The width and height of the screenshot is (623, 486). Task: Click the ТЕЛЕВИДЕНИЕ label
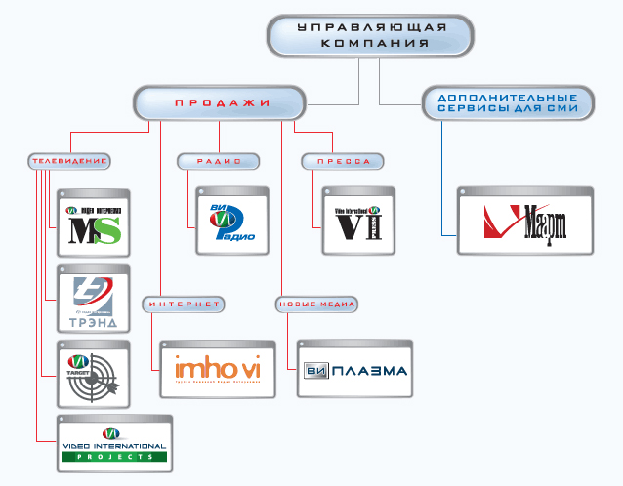click(x=68, y=161)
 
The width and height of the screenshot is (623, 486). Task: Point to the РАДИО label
click(x=218, y=161)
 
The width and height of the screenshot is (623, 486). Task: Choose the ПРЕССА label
click(x=343, y=161)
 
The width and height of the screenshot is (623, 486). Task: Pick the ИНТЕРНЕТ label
click(x=186, y=304)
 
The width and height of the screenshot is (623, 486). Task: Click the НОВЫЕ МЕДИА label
click(x=316, y=304)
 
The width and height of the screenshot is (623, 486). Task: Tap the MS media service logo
click(x=94, y=227)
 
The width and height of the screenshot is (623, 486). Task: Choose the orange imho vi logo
click(x=216, y=370)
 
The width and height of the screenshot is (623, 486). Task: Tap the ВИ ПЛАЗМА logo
click(x=353, y=371)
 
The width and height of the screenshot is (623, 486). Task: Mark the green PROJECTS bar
click(x=113, y=456)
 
